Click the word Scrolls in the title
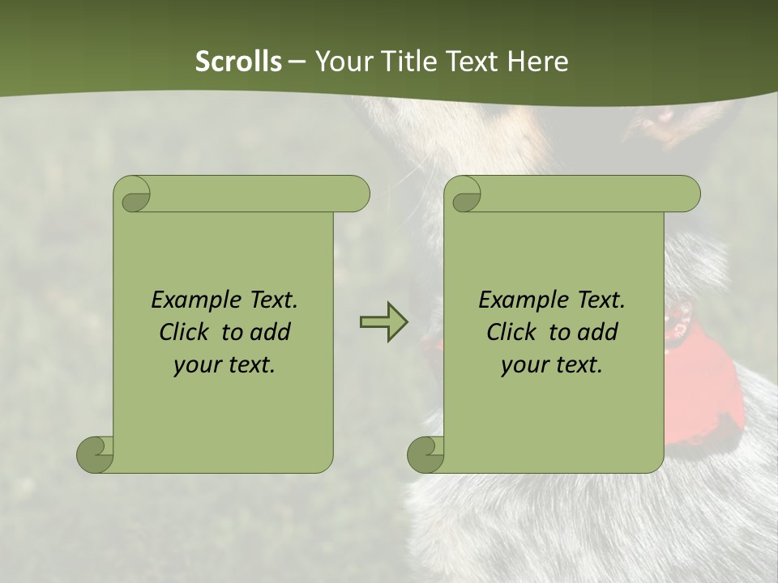[x=238, y=62]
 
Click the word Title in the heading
[x=408, y=62]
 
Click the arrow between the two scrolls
[x=383, y=322]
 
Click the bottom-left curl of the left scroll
[x=95, y=454]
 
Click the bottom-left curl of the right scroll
[x=425, y=454]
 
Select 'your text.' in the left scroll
[x=224, y=364]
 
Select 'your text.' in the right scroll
[x=552, y=364]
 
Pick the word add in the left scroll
[x=270, y=332]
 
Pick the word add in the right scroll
[x=597, y=332]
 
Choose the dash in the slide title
[x=297, y=62]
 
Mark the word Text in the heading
[x=472, y=62]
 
